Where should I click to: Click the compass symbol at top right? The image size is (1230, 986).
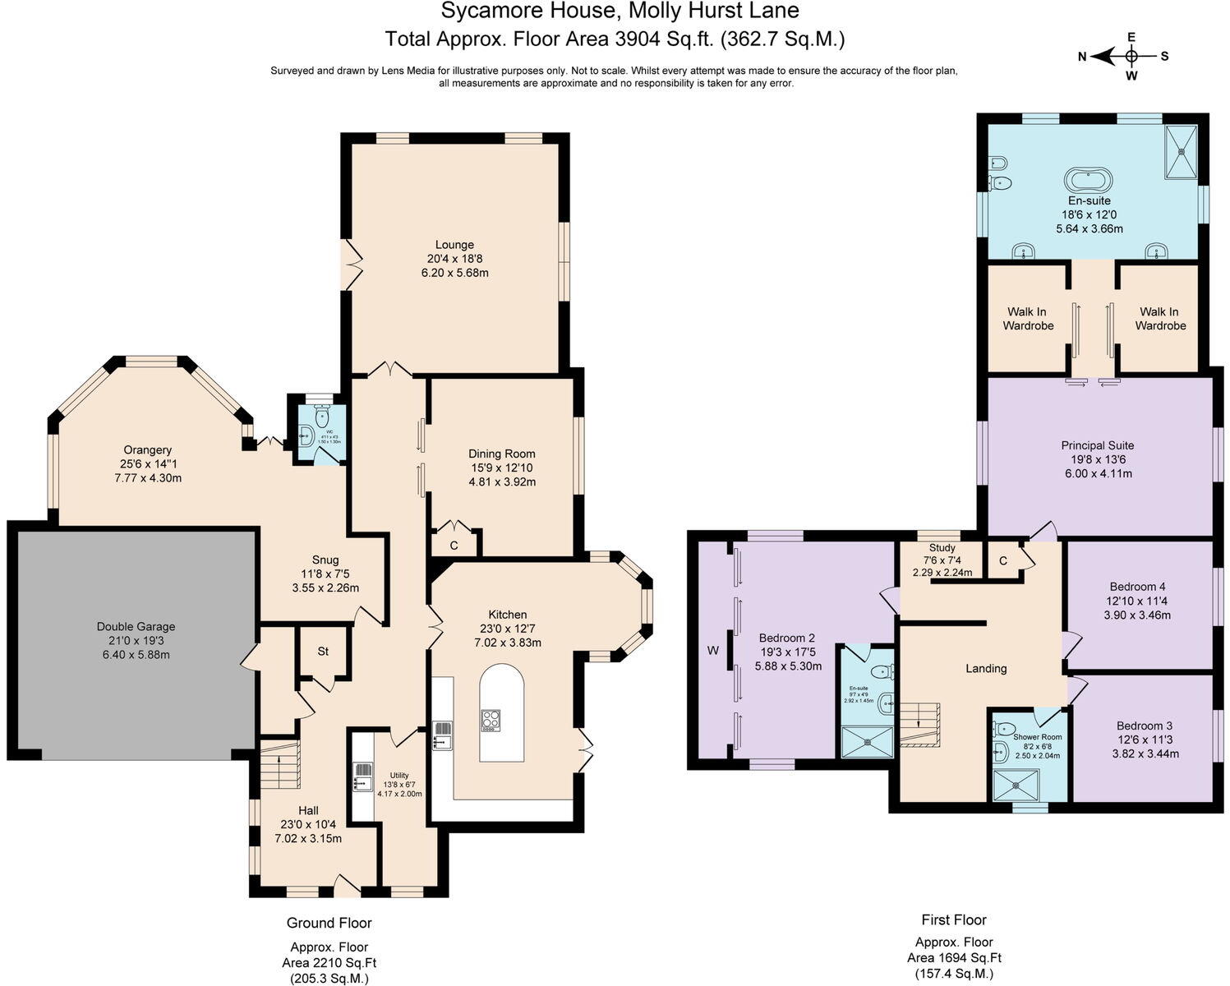pos(1131,56)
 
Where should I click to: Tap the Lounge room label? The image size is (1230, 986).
pos(454,244)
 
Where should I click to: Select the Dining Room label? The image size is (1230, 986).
pos(501,454)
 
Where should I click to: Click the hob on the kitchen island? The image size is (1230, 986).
pos(491,720)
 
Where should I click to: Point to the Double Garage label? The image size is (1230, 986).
pos(136,626)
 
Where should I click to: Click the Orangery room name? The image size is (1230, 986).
pos(148,449)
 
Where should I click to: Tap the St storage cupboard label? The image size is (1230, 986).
pos(323,651)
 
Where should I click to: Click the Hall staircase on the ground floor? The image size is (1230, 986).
pos(279,764)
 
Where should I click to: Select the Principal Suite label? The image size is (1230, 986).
pos(1097,445)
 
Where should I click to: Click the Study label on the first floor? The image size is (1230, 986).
pos(942,548)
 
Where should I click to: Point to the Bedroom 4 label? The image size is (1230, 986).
pos(1137,587)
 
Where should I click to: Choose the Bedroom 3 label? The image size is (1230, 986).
pos(1144,726)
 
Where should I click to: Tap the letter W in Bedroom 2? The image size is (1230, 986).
pos(712,651)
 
